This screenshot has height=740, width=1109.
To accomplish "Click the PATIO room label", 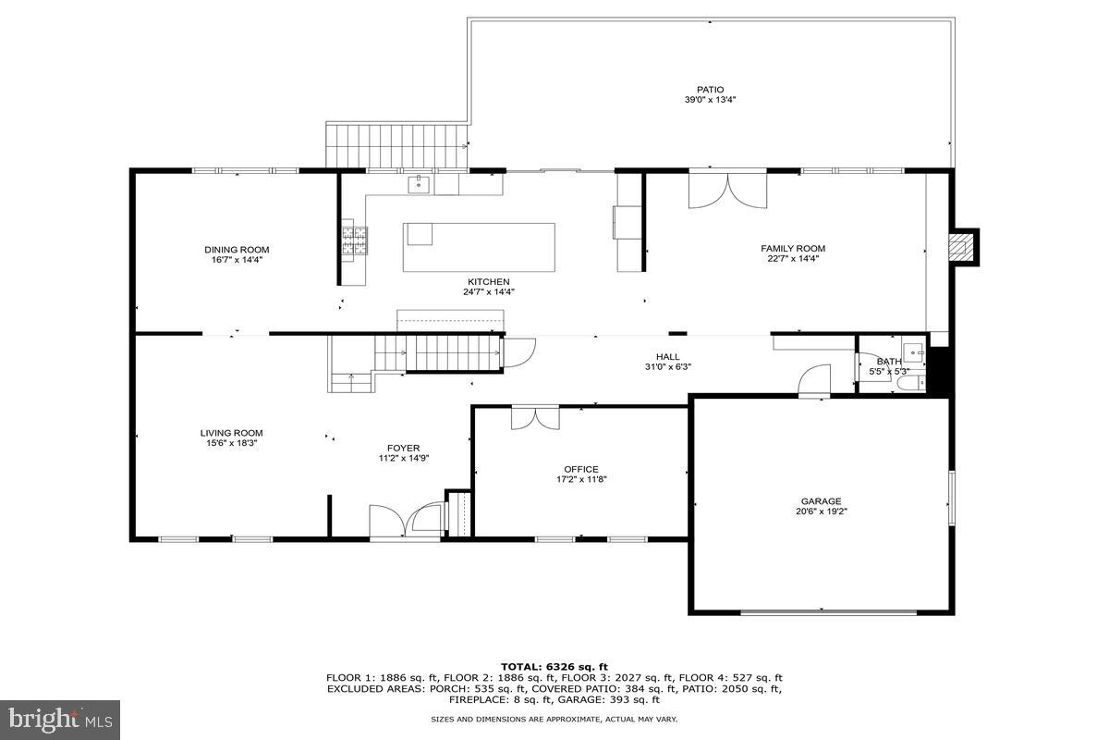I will click(710, 90).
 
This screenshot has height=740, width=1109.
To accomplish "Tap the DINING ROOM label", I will click(237, 250).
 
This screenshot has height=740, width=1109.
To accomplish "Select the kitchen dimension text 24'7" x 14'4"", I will click(488, 292).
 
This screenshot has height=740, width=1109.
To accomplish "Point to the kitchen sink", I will click(420, 185).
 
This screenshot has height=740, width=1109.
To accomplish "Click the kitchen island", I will click(479, 247).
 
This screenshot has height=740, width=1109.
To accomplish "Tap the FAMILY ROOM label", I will click(792, 249).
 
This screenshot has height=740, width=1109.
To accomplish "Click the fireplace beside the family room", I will click(964, 247).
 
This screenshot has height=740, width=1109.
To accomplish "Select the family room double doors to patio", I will click(727, 191).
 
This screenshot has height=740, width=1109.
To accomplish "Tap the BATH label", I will click(888, 362).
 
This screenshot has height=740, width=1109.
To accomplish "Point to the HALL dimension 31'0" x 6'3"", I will click(667, 367).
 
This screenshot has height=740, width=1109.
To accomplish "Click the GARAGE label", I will click(821, 502).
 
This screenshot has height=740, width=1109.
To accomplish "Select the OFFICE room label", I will click(581, 469).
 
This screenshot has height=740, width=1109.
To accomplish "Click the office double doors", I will click(535, 418).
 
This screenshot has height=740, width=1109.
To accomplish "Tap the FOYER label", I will click(404, 449).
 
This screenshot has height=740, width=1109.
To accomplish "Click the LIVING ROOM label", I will click(231, 433).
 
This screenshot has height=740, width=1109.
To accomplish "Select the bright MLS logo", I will click(60, 720).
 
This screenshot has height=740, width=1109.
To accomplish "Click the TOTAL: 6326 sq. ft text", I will click(554, 666).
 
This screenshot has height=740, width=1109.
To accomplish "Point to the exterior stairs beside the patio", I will click(396, 146).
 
